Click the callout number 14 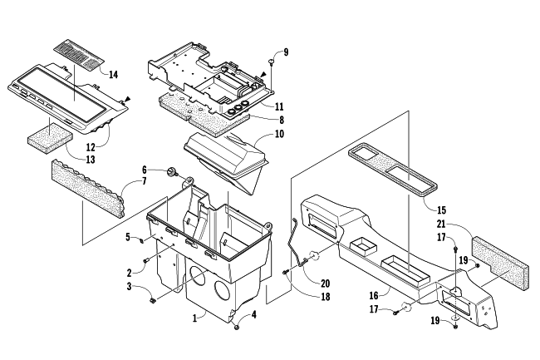click(x=113, y=74)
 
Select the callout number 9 click(x=286, y=52)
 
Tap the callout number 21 click(x=441, y=224)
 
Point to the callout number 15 click(x=441, y=210)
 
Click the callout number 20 click(x=325, y=284)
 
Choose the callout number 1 click(x=194, y=318)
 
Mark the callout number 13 click(x=91, y=160)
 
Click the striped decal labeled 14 click(x=79, y=54)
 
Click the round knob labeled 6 click(x=171, y=172)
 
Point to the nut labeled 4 click(x=236, y=327)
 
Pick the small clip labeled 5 click(x=141, y=239)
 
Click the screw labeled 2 click(x=145, y=260)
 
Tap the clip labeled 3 click(x=152, y=301)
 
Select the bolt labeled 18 click(x=285, y=273)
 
